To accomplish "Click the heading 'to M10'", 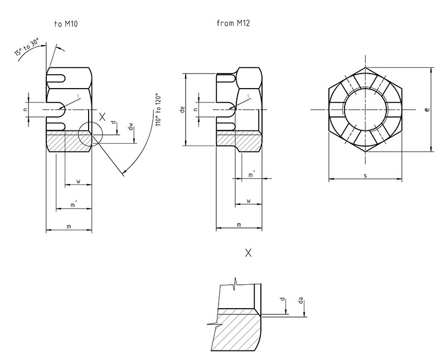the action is pos(66,24).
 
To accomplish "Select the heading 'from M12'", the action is pos(233,23).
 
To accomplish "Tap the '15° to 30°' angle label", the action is pos(26,47).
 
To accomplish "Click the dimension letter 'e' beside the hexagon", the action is pos(427,109).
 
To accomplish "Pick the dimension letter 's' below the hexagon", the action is pos(365,176).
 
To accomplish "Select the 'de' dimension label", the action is pos(183,109).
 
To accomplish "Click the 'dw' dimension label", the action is pos(130,127).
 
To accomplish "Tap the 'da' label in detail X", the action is pos(301,300).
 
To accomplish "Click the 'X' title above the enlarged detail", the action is pos(248,252).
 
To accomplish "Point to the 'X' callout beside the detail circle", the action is pos(102,116).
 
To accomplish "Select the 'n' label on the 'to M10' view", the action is pos(26,109).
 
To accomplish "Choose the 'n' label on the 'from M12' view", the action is pos(196,109).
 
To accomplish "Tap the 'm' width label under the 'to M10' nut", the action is pos(69,226).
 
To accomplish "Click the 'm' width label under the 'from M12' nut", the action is pos(239,225).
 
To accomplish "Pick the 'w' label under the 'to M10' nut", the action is pos(79,181).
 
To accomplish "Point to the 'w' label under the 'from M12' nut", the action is pos(249,201).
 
